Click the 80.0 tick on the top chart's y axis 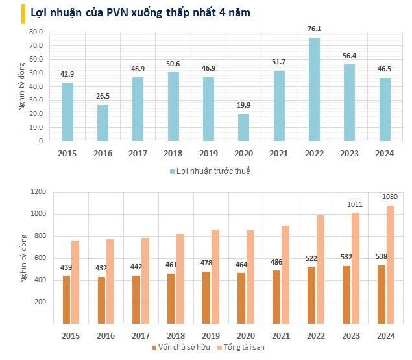(35, 31)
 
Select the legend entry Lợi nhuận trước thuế (210, 171)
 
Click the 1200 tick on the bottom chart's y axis (38, 191)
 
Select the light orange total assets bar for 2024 (389, 264)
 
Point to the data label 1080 (389, 197)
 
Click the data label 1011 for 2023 (354, 205)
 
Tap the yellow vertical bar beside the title (5, 12)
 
